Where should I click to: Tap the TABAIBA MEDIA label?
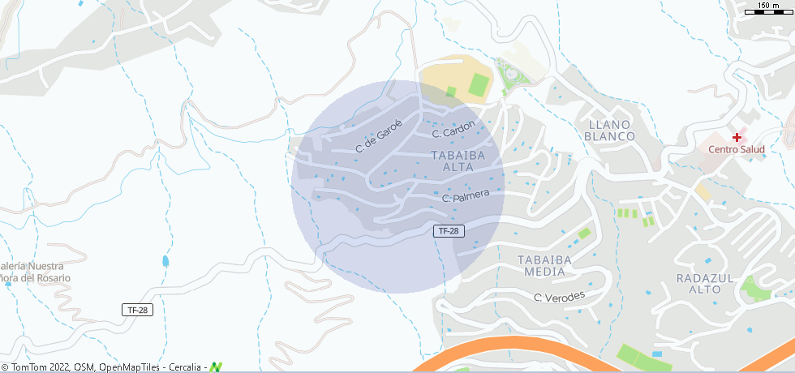[544, 266]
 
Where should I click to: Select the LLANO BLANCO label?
[609, 130]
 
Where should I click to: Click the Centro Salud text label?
[737, 149]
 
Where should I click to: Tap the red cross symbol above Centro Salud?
[737, 137]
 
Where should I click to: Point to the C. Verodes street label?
[559, 297]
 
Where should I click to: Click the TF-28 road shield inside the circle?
[449, 231]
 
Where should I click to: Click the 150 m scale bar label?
[767, 6]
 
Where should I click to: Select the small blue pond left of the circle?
[165, 261]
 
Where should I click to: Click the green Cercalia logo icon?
[216, 367]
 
